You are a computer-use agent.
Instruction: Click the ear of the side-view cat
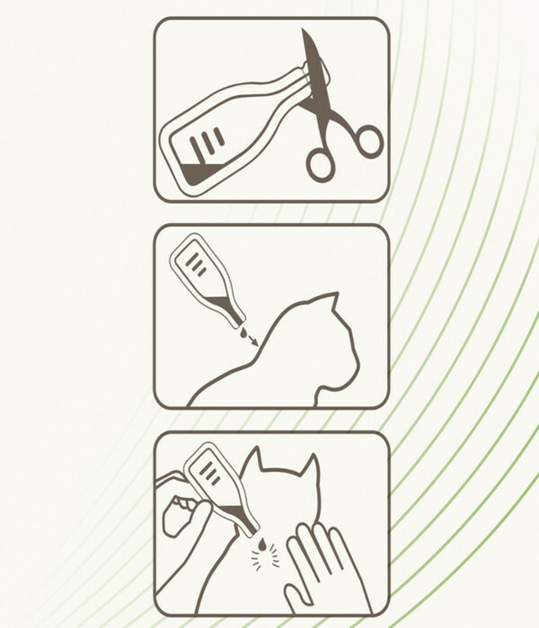pos(330,303)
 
